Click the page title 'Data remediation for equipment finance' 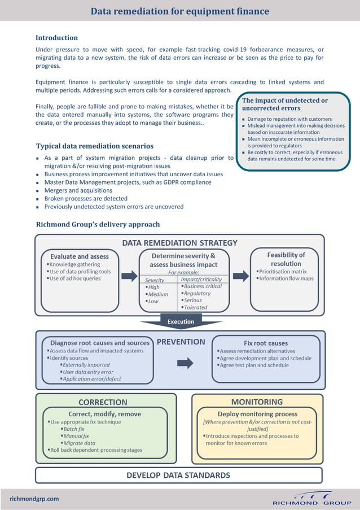[179, 11]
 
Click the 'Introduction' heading [56, 38]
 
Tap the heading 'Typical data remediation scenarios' [94, 146]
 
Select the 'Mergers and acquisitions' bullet [80, 190]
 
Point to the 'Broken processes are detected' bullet [86, 199]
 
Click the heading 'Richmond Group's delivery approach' [98, 224]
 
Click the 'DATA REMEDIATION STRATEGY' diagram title [180, 243]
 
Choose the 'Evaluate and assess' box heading [80, 256]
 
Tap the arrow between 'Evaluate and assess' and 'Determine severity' [129, 276]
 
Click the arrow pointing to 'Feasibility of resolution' [240, 276]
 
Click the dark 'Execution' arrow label [181, 321]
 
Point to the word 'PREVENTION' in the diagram [181, 342]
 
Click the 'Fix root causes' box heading [265, 343]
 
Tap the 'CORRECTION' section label [103, 403]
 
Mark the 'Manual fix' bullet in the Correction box [76, 436]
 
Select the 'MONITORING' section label [257, 402]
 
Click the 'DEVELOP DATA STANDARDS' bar [178, 475]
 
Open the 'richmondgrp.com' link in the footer [34, 499]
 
